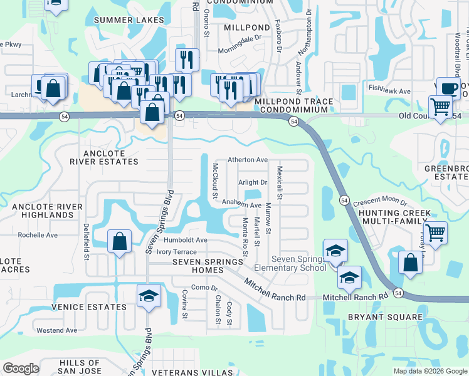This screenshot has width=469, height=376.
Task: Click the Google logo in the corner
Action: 21,368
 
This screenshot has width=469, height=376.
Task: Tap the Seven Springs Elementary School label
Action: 299,264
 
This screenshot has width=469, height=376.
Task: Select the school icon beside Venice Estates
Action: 149,296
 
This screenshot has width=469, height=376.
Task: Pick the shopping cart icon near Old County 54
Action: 440,107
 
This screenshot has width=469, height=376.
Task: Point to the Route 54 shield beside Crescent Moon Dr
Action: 344,200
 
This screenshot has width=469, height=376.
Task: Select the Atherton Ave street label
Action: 248,160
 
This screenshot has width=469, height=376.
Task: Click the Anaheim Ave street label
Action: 242,205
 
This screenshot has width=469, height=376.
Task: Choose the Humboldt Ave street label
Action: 186,240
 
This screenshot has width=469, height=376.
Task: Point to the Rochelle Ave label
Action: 38,236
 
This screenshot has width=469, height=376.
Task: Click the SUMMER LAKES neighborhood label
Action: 129,20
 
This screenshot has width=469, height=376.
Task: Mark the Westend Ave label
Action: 56,330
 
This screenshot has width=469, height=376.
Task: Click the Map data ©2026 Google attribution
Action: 429,371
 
